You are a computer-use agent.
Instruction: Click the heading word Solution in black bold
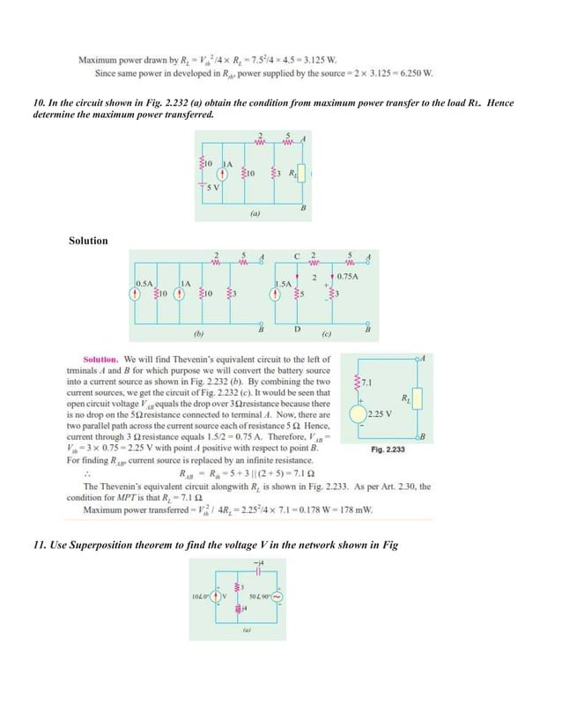[x=88, y=241]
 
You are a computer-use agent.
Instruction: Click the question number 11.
[x=38, y=546]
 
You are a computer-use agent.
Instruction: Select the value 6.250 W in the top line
[x=415, y=73]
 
